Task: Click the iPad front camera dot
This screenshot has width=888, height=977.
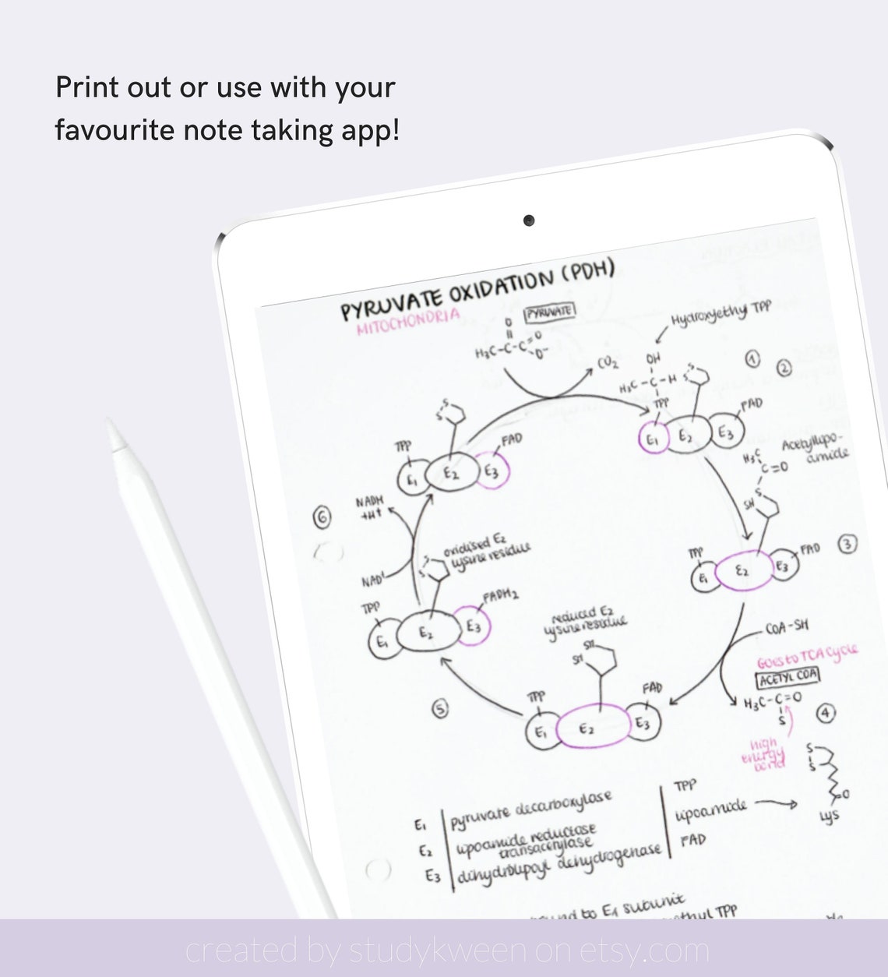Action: [529, 220]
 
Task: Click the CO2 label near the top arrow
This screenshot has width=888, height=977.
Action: [608, 362]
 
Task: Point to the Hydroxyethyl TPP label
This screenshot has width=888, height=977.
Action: [721, 313]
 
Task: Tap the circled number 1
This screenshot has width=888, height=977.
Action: [752, 358]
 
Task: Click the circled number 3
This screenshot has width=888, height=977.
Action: [847, 545]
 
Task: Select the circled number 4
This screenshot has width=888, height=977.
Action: [825, 712]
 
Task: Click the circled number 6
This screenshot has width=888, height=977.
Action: [321, 516]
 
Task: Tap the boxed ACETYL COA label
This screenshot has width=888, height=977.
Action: [788, 676]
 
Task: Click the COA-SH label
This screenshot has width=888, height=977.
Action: [786, 626]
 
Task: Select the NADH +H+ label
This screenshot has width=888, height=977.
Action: [369, 508]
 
